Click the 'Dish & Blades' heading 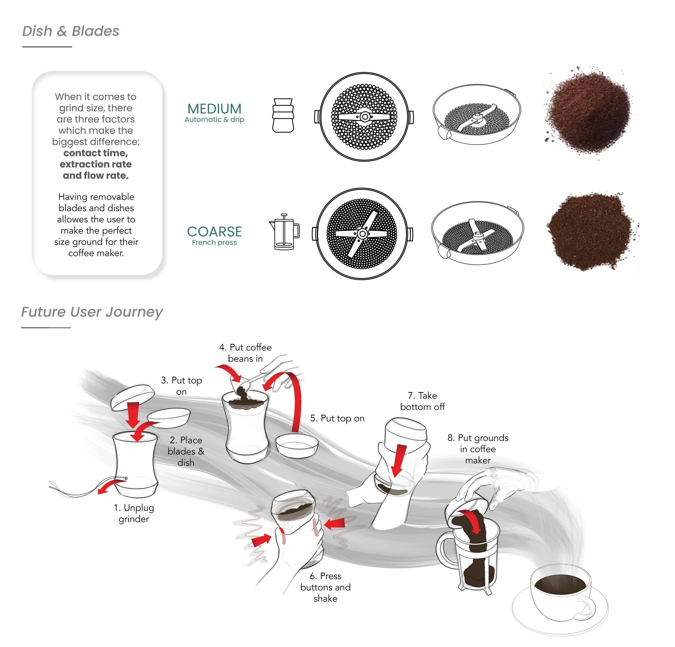click(x=70, y=31)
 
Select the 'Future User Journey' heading click(x=92, y=312)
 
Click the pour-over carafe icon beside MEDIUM click(x=283, y=115)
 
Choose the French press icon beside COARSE click(x=284, y=231)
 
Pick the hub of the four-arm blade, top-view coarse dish click(x=362, y=234)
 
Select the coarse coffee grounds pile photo click(x=591, y=231)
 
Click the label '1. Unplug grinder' click(x=134, y=513)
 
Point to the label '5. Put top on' click(x=337, y=418)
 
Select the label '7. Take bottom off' click(x=422, y=401)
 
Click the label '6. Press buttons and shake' click(x=325, y=587)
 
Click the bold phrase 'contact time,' click(x=96, y=153)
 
